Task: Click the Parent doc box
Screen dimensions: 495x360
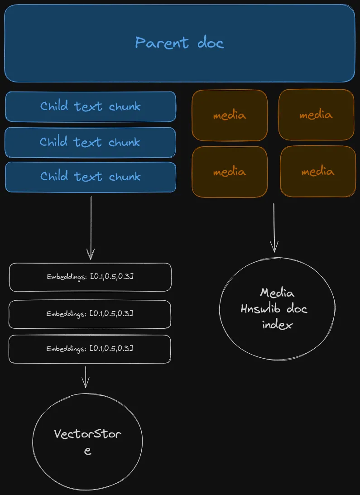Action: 179,43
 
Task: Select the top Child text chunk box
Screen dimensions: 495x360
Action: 90,106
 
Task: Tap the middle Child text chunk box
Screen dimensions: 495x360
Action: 90,142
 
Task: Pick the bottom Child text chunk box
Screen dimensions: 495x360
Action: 90,177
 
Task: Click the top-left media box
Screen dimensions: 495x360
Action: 230,115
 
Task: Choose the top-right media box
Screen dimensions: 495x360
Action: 316,115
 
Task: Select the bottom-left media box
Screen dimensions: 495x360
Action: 230,172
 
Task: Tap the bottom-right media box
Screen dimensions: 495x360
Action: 317,172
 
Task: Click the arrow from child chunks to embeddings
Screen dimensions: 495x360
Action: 91,226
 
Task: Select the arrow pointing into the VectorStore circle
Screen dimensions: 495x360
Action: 86,377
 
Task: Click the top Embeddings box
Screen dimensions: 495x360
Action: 90,277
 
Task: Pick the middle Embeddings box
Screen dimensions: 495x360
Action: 90,314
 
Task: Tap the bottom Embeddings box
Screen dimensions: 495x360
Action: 90,349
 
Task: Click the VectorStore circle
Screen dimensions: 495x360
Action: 87,442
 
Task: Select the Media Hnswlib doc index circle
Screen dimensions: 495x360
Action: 277,309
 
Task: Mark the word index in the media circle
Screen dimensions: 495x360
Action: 277,325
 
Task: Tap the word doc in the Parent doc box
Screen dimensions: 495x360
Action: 211,43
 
